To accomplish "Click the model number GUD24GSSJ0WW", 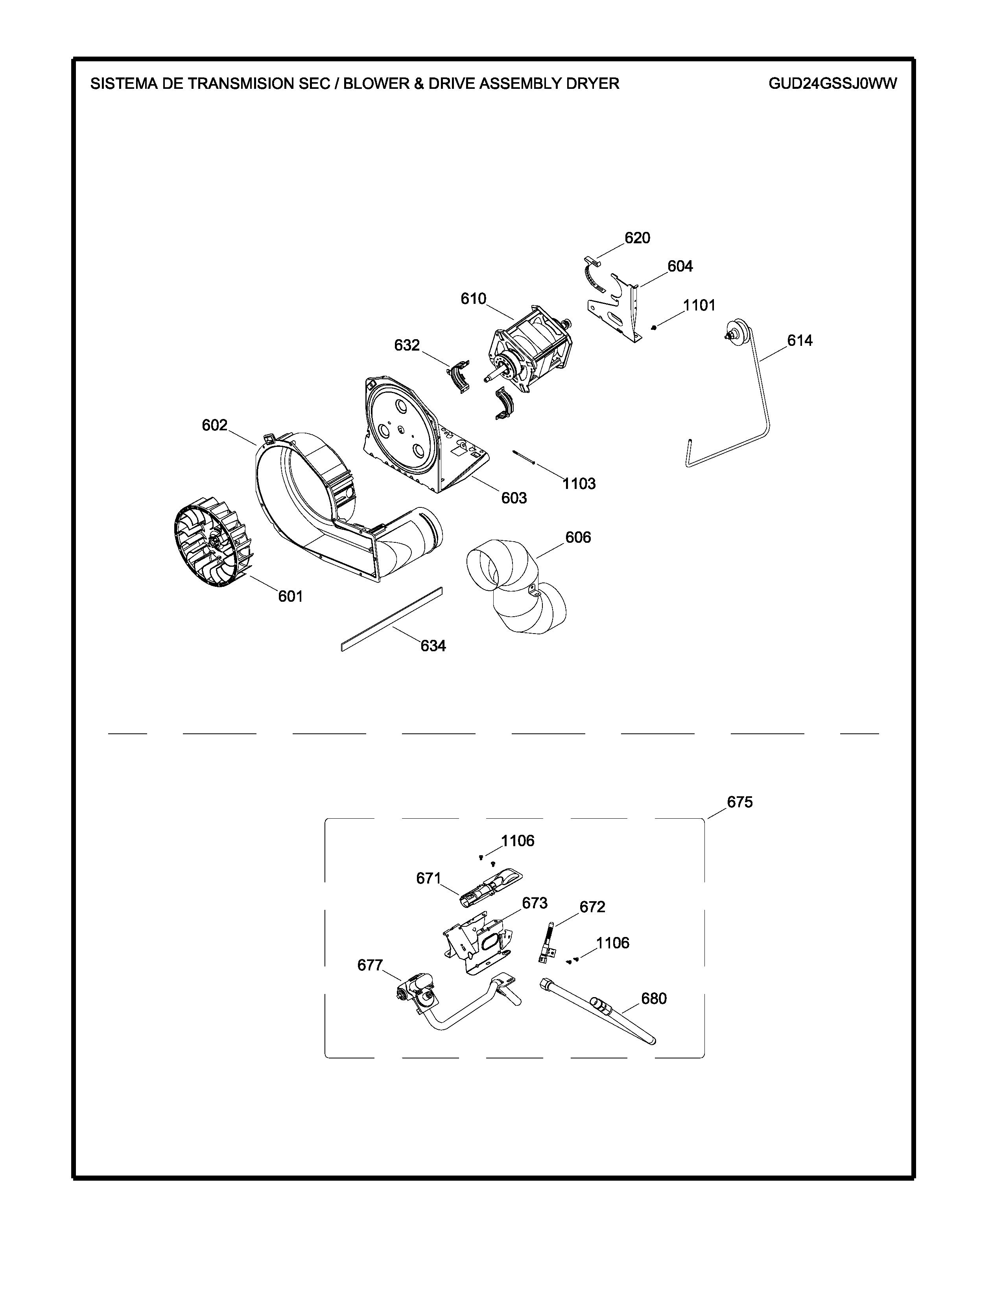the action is (x=832, y=84).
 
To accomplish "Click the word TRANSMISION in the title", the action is (x=236, y=84).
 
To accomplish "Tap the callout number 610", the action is (x=474, y=299).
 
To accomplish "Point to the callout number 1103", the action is (x=579, y=483).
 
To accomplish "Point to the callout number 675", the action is (x=740, y=802).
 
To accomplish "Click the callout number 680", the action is (x=654, y=999).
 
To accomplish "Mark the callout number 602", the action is (x=214, y=425).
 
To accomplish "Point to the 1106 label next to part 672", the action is (x=612, y=943).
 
